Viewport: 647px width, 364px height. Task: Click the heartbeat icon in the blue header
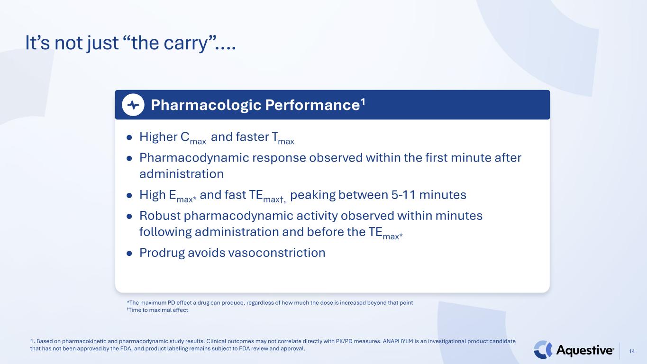click(133, 105)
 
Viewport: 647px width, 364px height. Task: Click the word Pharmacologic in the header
click(206, 105)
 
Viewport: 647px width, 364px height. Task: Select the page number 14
click(632, 351)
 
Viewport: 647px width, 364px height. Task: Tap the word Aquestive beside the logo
click(584, 350)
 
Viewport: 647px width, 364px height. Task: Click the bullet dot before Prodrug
click(129, 254)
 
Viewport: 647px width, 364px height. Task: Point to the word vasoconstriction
click(277, 253)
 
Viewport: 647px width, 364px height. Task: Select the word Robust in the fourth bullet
click(160, 216)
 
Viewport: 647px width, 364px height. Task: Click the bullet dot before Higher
click(129, 137)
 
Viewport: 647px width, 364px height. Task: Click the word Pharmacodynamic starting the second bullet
click(194, 158)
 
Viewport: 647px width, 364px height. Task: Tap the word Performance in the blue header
click(312, 105)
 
